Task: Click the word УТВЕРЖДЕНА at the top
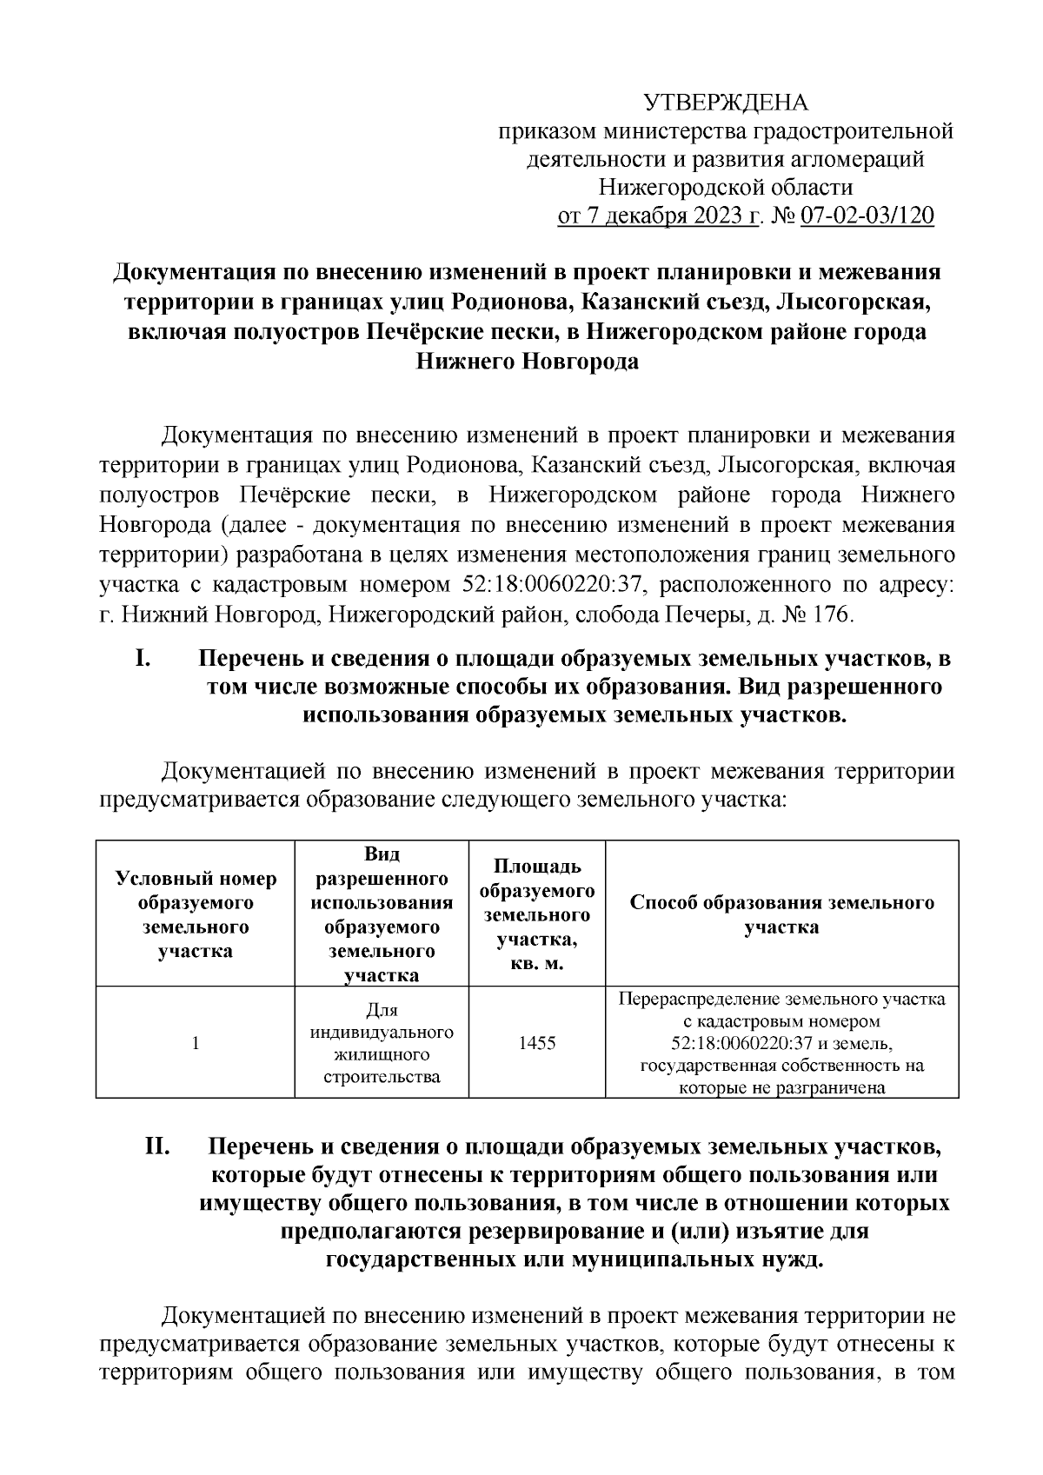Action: click(x=726, y=103)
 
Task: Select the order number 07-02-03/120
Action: click(x=867, y=216)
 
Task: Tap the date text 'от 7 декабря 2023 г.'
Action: click(x=660, y=216)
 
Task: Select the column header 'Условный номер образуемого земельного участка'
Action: click(x=196, y=914)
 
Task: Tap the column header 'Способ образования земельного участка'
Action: click(x=781, y=914)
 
